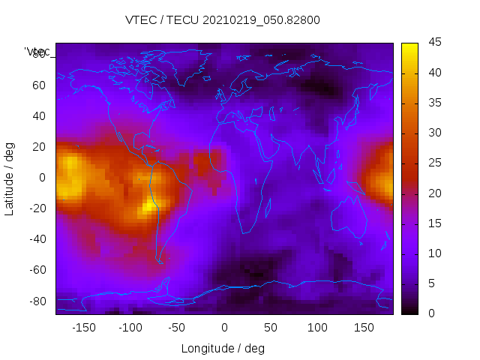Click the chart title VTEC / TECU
[x=223, y=20]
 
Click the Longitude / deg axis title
[x=223, y=349]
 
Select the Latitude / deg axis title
[x=10, y=178]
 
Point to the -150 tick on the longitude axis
[x=83, y=328]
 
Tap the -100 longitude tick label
[x=130, y=328]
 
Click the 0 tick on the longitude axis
[x=224, y=328]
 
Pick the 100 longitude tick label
[x=317, y=328]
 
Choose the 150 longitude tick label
[x=364, y=328]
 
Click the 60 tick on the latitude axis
[x=38, y=85]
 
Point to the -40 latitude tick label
[x=36, y=239]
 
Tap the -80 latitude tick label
[x=36, y=301]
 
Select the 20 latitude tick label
[x=38, y=146]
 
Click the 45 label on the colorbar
[x=434, y=43]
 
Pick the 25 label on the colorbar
[x=434, y=163]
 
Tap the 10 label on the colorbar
[x=434, y=253]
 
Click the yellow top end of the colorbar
[x=409, y=46]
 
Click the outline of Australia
[x=349, y=217]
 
